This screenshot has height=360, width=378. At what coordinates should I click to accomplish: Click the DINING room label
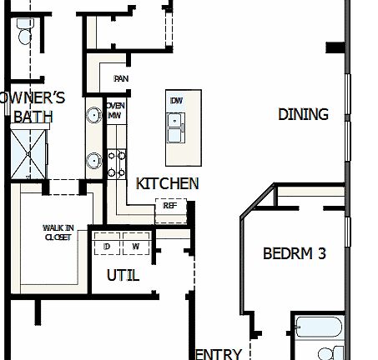click(303, 115)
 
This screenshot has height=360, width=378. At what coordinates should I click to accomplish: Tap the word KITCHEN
click(167, 183)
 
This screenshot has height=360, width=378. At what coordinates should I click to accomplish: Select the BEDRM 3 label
click(294, 253)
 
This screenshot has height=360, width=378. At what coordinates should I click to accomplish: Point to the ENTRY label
click(218, 354)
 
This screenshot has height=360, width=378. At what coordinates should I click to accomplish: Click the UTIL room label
click(123, 276)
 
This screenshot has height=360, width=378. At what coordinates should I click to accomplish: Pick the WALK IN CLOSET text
click(58, 232)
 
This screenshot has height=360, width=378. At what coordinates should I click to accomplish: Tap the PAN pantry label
click(121, 79)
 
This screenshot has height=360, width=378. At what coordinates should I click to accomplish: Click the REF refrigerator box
click(169, 205)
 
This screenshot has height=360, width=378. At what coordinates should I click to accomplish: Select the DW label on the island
click(176, 101)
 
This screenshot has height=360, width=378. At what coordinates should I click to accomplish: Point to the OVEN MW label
click(115, 111)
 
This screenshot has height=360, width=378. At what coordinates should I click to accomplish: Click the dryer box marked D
click(107, 247)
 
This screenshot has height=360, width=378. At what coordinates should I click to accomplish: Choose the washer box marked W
click(135, 247)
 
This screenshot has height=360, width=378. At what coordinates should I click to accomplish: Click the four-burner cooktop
click(116, 163)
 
